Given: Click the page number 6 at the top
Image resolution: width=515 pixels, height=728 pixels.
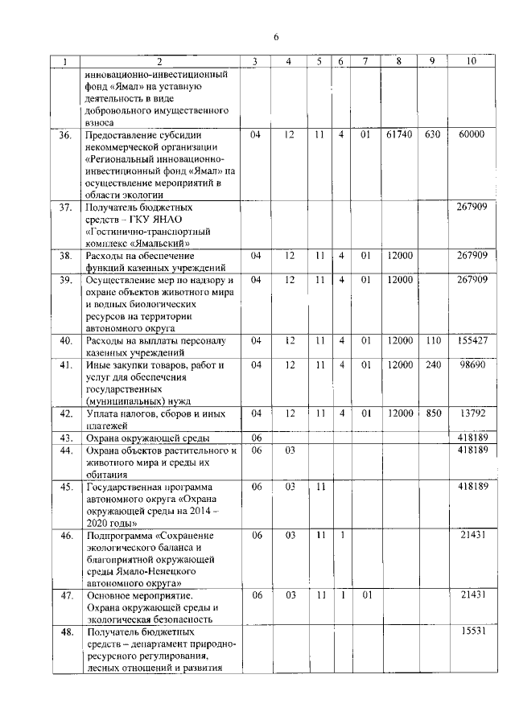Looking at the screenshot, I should (275, 37).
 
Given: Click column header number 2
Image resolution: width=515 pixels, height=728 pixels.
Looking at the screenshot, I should (159, 62).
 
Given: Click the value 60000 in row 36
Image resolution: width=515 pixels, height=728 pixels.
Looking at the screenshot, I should (471, 135).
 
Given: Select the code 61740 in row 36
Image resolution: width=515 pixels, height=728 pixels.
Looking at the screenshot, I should (398, 135).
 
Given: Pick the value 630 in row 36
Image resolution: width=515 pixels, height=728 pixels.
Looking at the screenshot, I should (432, 135).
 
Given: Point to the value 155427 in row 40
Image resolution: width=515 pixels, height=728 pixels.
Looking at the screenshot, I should (471, 340).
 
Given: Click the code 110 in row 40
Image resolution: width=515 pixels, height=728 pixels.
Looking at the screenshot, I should (432, 340).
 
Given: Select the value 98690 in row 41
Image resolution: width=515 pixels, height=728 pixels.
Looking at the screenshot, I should (471, 365).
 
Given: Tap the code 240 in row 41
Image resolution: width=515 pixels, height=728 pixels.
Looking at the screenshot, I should (432, 365).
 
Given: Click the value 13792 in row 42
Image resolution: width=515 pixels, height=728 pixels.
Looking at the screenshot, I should (471, 413).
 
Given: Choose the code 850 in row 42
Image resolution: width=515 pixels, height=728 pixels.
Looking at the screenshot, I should (432, 413).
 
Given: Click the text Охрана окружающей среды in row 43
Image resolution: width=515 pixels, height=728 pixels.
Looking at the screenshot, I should (148, 438).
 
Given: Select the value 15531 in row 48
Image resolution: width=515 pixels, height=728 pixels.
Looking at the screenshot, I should (471, 634).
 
